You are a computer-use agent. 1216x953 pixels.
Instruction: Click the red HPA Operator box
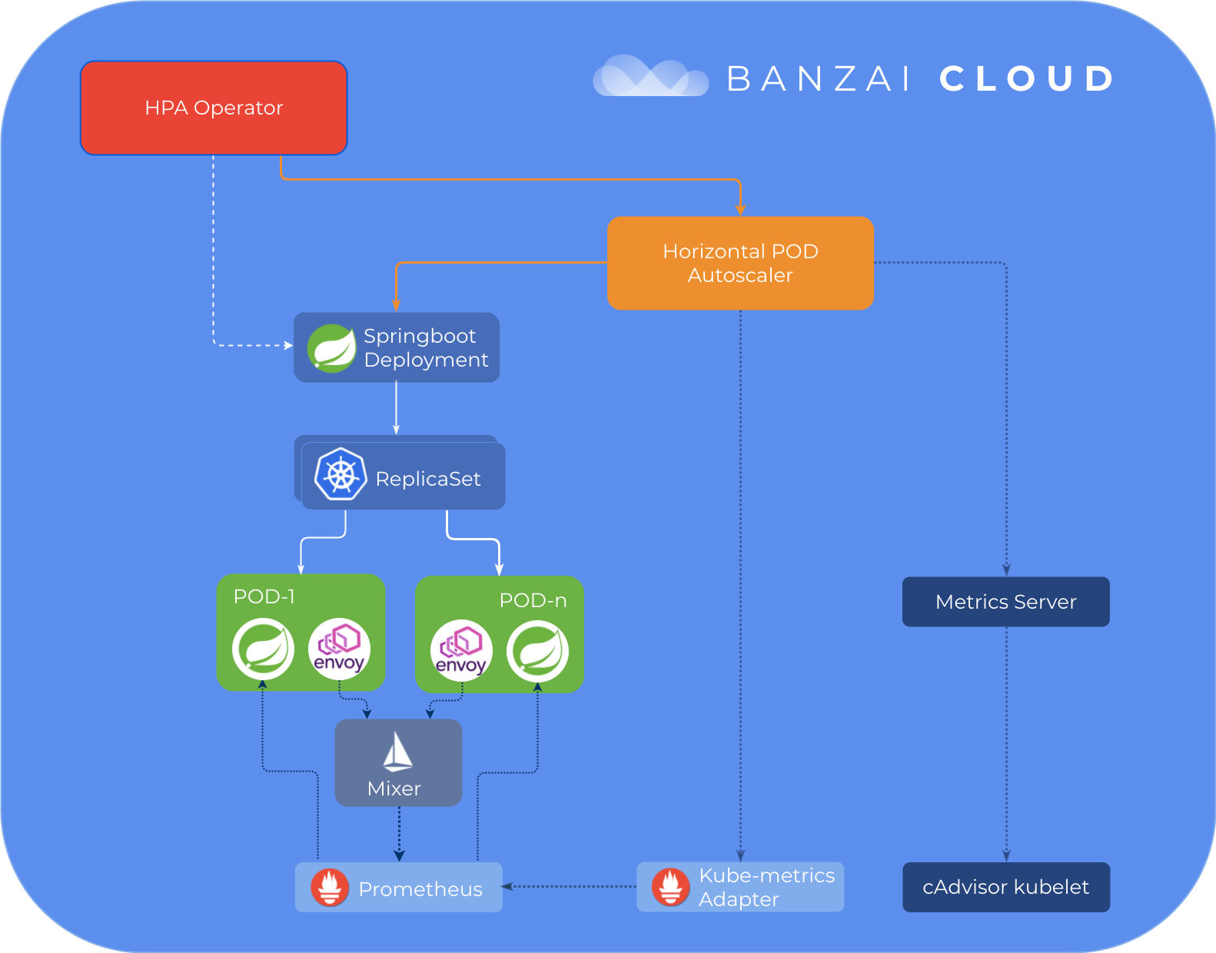coord(214,108)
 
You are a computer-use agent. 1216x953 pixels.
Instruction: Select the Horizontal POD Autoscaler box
coord(740,263)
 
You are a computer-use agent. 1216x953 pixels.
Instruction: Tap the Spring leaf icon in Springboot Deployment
coord(331,348)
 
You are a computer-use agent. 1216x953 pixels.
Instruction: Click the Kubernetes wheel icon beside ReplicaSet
coord(341,474)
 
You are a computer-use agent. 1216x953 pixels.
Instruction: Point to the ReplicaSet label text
coord(428,479)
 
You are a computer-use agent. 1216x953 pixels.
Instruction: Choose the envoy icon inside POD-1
coord(339,649)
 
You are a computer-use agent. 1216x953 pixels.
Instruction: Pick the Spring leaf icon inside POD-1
coord(263,649)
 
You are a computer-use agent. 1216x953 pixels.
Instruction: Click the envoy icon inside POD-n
coord(461,651)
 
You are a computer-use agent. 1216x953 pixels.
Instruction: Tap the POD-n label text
coord(533,600)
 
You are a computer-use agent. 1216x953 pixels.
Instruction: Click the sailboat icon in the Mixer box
coord(397,752)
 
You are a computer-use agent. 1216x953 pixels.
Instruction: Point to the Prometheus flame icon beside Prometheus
coord(330,888)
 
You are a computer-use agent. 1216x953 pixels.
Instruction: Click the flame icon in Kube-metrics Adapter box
coord(670,887)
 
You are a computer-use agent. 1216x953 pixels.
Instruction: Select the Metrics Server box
coord(1005,602)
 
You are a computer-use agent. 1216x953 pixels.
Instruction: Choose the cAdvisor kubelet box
coord(1005,887)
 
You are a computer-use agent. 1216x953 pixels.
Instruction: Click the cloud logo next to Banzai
coord(650,77)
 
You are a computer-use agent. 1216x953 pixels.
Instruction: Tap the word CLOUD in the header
coord(1027,78)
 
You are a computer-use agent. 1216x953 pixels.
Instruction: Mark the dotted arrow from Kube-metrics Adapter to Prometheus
coord(570,886)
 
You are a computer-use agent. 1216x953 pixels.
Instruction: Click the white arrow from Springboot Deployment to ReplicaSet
coord(396,408)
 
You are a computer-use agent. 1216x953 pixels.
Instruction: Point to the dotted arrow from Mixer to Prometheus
coord(399,834)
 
